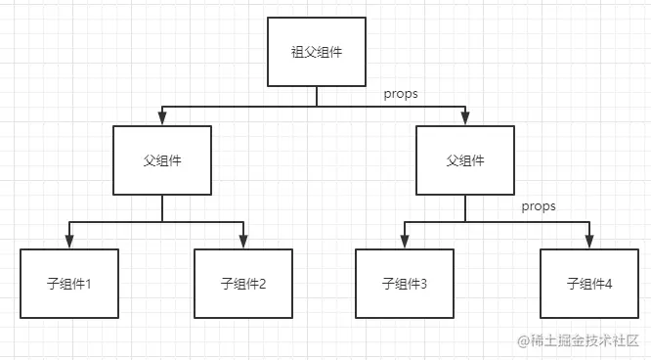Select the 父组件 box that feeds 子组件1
[x=162, y=159]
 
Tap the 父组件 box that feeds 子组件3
[x=465, y=159]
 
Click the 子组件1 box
[x=68, y=284]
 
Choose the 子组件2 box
[x=243, y=284]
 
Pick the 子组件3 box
[x=405, y=284]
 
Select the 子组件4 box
[x=589, y=284]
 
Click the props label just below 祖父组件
[x=402, y=93]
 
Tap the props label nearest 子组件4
[x=539, y=206]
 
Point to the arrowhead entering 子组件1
[x=68, y=243]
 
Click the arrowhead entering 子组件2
[x=243, y=243]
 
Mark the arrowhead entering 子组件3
[x=405, y=243]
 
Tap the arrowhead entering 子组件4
[x=589, y=243]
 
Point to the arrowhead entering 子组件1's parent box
[x=162, y=118]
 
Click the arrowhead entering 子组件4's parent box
[x=465, y=118]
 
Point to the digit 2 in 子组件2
[x=262, y=285]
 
